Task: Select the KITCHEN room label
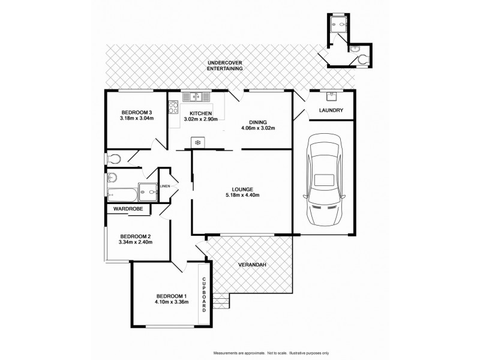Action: pyautogui.click(x=200, y=113)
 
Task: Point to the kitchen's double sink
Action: pyautogui.click(x=196, y=96)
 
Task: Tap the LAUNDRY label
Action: pyautogui.click(x=331, y=110)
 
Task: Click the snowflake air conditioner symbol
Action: pyautogui.click(x=196, y=142)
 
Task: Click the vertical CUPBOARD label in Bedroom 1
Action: pyautogui.click(x=205, y=294)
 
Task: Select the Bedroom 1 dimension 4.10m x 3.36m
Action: pyautogui.click(x=172, y=302)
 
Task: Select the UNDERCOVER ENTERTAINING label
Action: pyautogui.click(x=225, y=66)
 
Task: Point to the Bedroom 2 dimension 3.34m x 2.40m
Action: pyautogui.click(x=137, y=242)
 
